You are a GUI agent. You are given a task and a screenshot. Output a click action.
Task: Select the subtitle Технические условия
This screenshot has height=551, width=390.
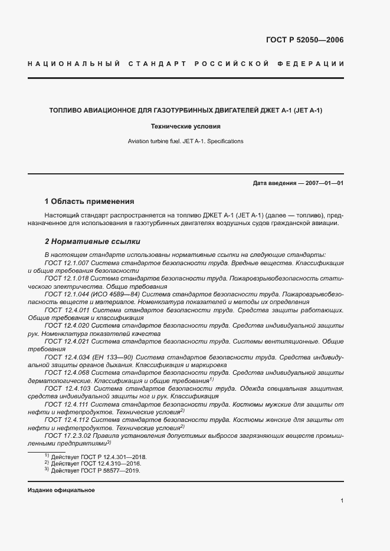[x=186, y=126]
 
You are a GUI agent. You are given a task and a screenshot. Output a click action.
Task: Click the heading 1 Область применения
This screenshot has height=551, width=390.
[x=90, y=201]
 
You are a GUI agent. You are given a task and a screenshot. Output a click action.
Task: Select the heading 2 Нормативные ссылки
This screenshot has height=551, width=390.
[x=93, y=242]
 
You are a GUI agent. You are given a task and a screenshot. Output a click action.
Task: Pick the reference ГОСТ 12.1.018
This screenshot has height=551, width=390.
[x=67, y=278]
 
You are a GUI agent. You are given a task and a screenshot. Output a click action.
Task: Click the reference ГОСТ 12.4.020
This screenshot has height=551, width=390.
[x=67, y=325]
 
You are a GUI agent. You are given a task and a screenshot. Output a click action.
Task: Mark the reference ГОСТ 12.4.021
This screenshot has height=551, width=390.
[x=67, y=341]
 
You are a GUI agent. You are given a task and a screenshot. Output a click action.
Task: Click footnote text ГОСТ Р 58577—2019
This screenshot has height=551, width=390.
[x=110, y=471]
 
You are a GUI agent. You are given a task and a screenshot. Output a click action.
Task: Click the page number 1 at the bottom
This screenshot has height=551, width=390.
[x=342, y=500]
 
